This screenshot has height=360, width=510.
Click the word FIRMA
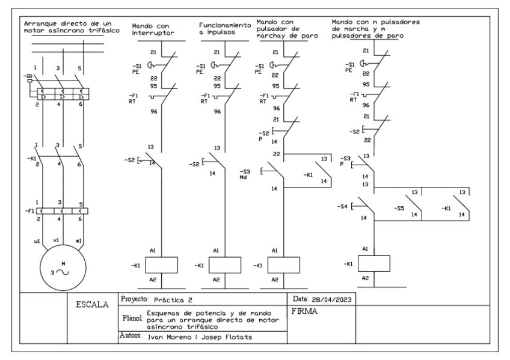coord(305,313)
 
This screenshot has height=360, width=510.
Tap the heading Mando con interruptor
coord(153,31)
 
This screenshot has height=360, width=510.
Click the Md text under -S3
coord(244,177)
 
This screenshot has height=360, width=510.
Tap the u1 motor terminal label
coord(36,241)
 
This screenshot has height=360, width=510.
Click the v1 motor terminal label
coord(58,241)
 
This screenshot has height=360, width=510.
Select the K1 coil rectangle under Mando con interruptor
coord(161,264)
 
